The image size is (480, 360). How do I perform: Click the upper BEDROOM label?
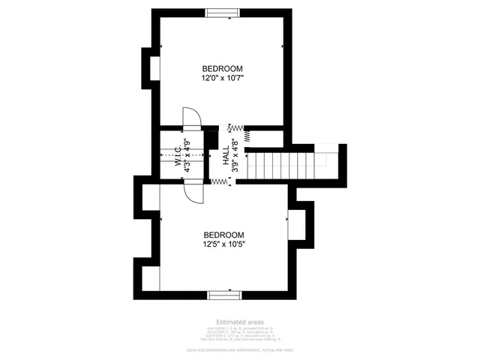coord(223,68)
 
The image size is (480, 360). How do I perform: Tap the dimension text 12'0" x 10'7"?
coord(223,77)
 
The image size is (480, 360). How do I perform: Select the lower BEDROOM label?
coord(224,234)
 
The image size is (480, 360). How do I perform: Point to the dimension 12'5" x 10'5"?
coord(224,244)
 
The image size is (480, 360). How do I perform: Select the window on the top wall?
coord(223,11)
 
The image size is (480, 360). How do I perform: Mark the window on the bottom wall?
coord(224,294)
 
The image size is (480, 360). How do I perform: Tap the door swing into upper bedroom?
coord(191,118)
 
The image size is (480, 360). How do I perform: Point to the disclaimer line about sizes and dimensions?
coord(239,350)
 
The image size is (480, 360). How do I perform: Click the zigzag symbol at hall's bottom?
coord(220,181)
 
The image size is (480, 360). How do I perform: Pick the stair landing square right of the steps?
coord(326,158)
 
